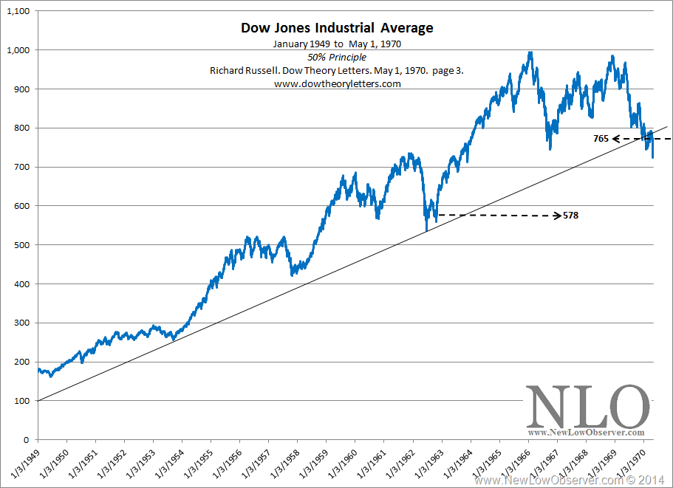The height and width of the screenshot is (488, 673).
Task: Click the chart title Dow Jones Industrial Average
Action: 337,28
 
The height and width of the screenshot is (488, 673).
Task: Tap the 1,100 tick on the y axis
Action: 18,11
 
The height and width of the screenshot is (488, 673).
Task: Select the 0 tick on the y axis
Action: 27,440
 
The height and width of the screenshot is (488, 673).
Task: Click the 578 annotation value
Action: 570,216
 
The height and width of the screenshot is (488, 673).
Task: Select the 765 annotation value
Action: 601,138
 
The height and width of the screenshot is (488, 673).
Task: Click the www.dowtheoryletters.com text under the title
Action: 337,83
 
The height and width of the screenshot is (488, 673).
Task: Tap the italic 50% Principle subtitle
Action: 337,57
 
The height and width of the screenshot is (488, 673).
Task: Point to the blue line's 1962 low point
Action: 426,230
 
